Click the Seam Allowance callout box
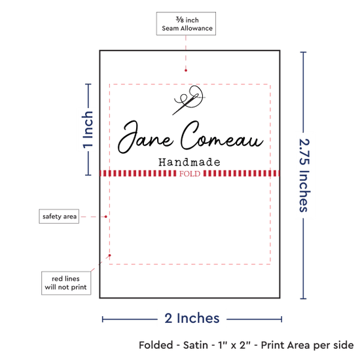click(x=186, y=24)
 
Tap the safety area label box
click(x=59, y=216)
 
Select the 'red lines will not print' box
click(x=66, y=283)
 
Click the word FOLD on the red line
click(x=190, y=174)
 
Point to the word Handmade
click(x=189, y=162)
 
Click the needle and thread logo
click(x=189, y=99)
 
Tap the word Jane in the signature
click(x=145, y=137)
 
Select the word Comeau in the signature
click(x=222, y=136)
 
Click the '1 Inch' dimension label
click(x=88, y=130)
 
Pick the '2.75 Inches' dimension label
click(x=304, y=175)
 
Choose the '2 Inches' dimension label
click(x=192, y=319)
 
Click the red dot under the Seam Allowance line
click(x=186, y=70)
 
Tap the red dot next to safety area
click(x=105, y=217)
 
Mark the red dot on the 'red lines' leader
click(x=110, y=255)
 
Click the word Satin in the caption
click(x=196, y=345)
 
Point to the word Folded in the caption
click(x=156, y=345)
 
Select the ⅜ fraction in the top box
click(x=180, y=20)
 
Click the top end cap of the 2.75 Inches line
click(x=303, y=52)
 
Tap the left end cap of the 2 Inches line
click(x=103, y=319)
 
